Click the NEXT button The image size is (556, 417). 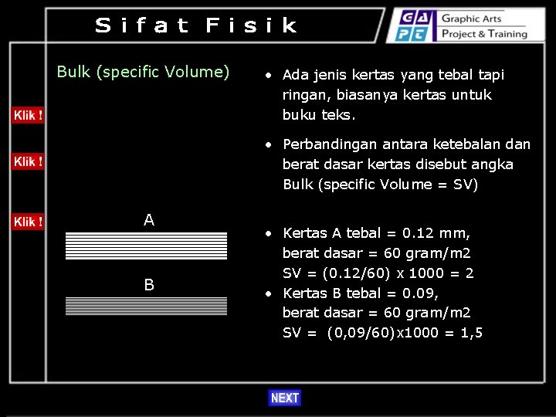coord(284,398)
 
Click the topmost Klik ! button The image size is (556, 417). coord(28,115)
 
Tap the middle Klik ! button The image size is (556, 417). coord(28,161)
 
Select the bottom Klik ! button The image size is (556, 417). coord(28,222)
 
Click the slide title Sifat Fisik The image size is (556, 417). coord(196,25)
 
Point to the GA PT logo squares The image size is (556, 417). coord(415,25)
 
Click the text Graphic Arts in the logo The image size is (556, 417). coord(471,19)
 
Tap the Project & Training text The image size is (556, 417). coord(484,34)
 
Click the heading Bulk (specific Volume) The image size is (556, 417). coord(143,72)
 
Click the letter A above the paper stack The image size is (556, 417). coord(149,220)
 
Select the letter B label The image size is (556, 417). coord(149,285)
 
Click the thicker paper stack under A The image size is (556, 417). coord(146,246)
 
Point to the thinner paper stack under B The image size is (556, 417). coord(146,307)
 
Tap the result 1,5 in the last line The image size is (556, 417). coord(470,333)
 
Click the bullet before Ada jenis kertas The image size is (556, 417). coord(266,76)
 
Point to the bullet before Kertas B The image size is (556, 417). coord(266,293)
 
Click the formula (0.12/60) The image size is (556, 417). coord(341,273)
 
